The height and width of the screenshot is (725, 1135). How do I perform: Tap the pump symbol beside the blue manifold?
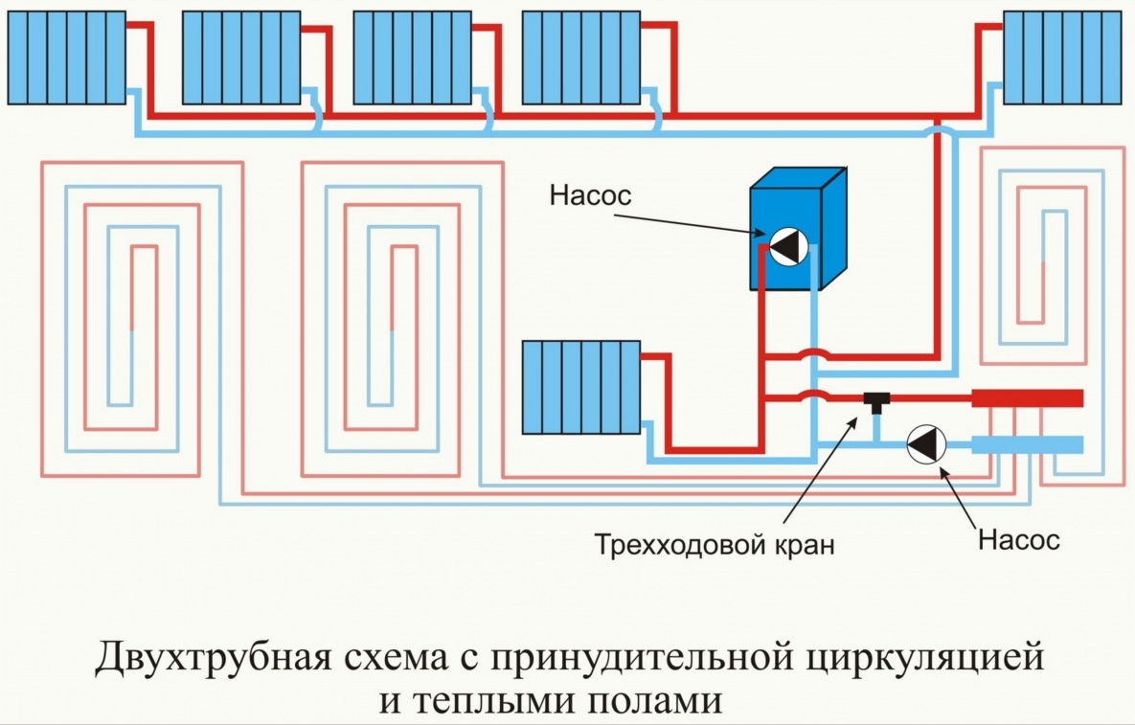[926, 443]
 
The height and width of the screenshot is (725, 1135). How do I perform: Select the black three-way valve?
[875, 398]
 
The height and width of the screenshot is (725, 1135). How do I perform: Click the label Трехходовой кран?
[715, 546]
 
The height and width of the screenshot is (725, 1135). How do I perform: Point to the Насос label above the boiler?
[591, 196]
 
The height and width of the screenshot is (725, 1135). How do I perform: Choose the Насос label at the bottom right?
[1019, 539]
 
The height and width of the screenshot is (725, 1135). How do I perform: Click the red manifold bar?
[1027, 397]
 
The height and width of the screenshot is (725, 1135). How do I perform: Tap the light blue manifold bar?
[1027, 444]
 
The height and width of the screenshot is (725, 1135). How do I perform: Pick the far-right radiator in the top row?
[1062, 57]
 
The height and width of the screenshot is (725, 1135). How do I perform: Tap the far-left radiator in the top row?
[66, 57]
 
